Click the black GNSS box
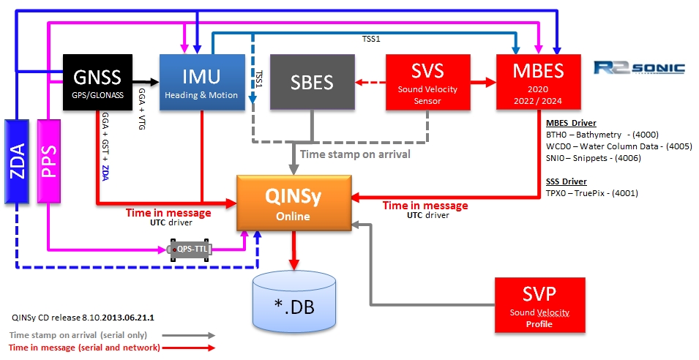(x=97, y=81)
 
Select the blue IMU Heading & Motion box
(x=202, y=83)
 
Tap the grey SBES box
(x=313, y=83)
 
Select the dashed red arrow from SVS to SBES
(x=370, y=83)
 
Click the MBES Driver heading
(x=572, y=123)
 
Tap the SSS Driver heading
(x=567, y=181)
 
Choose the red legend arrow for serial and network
(x=189, y=348)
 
